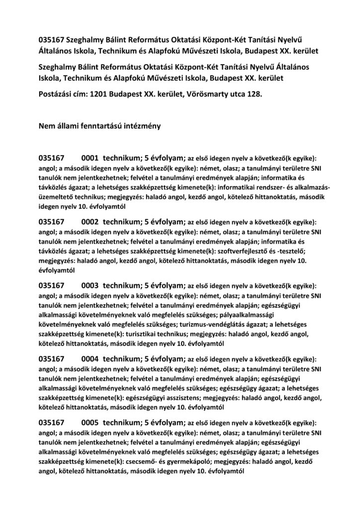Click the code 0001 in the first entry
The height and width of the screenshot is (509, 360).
(x=90, y=158)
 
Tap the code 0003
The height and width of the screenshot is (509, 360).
(x=90, y=286)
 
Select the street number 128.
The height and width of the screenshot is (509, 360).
(x=253, y=93)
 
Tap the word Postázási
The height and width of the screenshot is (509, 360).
(x=57, y=93)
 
